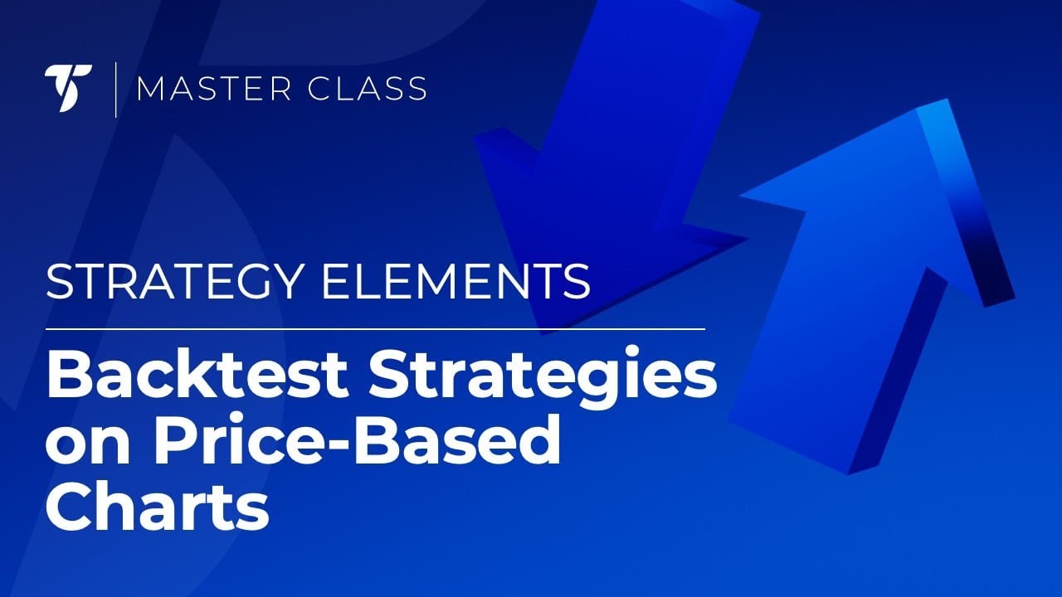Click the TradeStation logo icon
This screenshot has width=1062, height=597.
point(68,89)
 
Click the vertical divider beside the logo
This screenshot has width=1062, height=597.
point(115,89)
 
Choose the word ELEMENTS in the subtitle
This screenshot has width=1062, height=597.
point(456,283)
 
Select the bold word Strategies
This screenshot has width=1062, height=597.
point(543,375)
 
